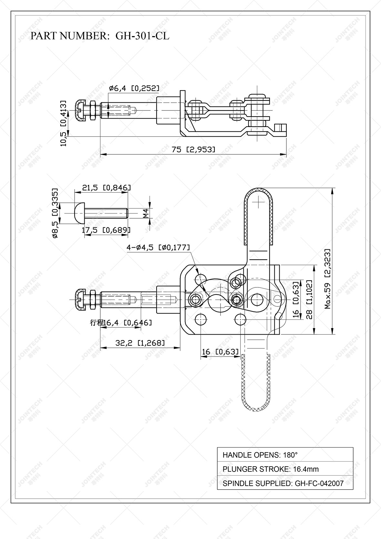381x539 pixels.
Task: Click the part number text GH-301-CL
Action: tap(142, 36)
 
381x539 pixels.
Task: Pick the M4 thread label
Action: tap(146, 213)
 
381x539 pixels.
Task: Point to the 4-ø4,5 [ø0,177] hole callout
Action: tap(158, 248)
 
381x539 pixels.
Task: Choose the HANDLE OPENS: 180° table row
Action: tap(285, 455)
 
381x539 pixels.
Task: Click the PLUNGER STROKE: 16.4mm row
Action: tap(285, 469)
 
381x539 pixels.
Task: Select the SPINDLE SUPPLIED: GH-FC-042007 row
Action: tap(285, 483)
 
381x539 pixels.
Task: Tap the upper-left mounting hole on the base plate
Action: tap(201, 278)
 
